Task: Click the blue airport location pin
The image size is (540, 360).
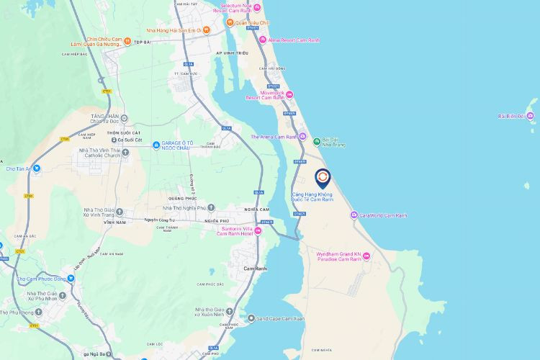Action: pos(323,176)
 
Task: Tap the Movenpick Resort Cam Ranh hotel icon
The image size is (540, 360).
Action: pos(289,94)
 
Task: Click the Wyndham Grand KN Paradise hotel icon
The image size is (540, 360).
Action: pos(366,257)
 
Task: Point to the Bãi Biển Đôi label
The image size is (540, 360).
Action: pos(512,116)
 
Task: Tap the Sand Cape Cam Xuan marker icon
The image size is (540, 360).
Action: pos(251,318)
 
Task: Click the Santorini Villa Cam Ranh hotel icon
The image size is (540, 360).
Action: pos(258,230)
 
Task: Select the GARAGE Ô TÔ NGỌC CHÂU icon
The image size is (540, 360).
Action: pos(156,145)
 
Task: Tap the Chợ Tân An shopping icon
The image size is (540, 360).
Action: pos(37,168)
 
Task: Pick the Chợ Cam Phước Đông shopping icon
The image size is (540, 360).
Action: pos(71,278)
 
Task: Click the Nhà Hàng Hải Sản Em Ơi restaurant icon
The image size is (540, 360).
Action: pos(206,30)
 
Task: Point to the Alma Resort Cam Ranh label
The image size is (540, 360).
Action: pos(294,40)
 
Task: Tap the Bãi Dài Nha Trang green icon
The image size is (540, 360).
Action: pos(316,141)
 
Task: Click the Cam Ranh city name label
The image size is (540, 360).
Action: pos(255,268)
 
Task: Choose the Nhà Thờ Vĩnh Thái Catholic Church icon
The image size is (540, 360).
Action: pos(126,152)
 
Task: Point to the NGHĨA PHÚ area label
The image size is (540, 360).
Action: pos(216,221)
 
